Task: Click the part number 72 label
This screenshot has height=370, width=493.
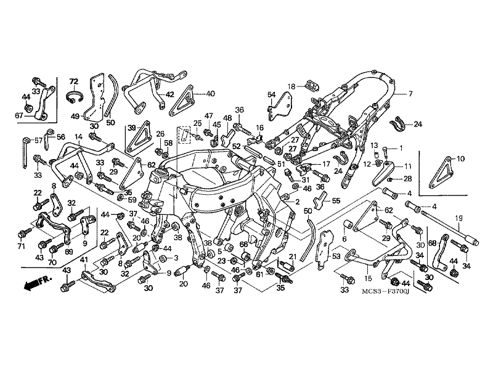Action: click(73, 81)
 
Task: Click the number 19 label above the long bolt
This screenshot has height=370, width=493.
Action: click(458, 218)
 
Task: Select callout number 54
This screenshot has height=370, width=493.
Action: click(271, 94)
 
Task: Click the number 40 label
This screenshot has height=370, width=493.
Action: click(210, 94)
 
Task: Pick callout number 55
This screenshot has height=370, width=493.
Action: click(336, 201)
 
